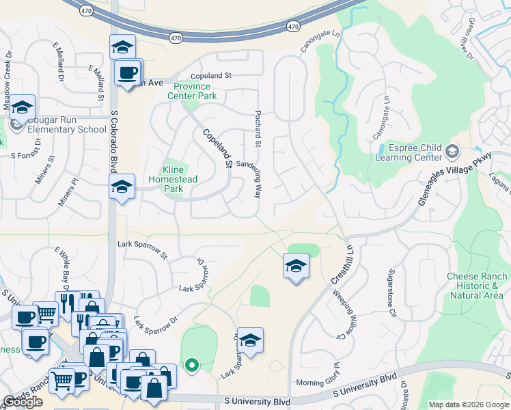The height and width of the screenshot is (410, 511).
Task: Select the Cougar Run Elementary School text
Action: pyautogui.click(x=63, y=129)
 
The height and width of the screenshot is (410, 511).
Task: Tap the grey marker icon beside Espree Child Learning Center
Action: pyautogui.click(x=451, y=150)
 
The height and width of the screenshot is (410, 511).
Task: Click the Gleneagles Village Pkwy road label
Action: pyautogui.click(x=455, y=176)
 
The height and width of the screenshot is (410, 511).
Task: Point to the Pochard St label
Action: pyautogui.click(x=258, y=128)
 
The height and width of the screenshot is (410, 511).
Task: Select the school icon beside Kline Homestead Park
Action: pyautogui.click(x=122, y=186)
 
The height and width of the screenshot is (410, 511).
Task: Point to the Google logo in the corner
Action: pyautogui.click(x=23, y=402)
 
